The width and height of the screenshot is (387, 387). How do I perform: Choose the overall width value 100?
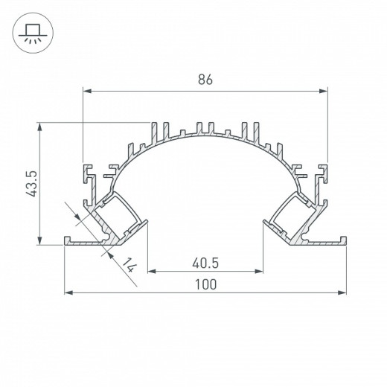point(206,284)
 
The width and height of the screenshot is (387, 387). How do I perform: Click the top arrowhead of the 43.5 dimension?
point(37,127)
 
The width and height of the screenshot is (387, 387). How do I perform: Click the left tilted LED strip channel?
point(115,216)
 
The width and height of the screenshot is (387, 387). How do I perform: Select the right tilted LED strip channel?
point(295,216)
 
